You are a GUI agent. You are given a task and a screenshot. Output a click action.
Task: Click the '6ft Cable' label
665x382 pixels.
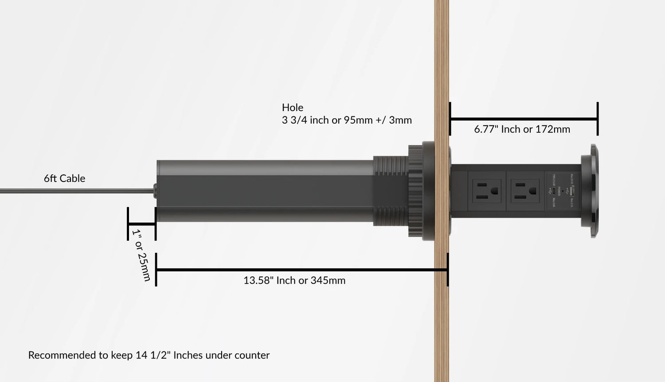click(x=64, y=178)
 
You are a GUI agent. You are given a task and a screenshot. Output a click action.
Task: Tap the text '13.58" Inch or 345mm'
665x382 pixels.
click(x=294, y=280)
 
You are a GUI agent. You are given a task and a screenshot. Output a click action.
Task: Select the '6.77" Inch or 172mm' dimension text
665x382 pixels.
click(x=522, y=129)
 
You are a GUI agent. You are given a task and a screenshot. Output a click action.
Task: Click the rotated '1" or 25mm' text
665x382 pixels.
click(x=141, y=255)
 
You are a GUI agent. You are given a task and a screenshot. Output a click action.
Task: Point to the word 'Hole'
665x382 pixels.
click(x=293, y=108)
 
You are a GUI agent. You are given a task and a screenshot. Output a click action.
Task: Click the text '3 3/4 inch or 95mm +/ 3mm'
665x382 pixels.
click(x=347, y=120)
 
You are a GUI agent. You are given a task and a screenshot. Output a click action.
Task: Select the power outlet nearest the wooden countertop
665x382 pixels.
click(x=486, y=191)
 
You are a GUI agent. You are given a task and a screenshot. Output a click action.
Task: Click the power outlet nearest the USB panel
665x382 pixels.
click(x=525, y=191)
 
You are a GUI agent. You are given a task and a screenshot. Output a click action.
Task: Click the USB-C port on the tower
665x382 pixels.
click(x=554, y=191)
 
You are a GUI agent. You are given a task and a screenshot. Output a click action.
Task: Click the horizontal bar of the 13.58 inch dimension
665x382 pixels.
click(x=301, y=270)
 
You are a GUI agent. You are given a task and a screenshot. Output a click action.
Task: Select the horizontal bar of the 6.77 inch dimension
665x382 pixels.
click(x=524, y=119)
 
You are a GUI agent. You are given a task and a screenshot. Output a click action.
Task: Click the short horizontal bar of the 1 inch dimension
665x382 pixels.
click(x=142, y=224)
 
